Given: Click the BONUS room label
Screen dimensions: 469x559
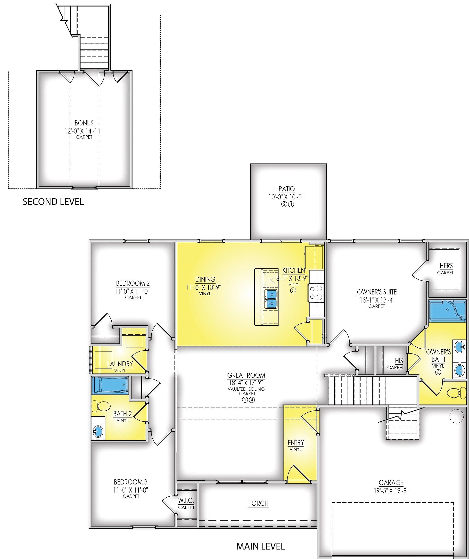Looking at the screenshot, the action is (84, 123).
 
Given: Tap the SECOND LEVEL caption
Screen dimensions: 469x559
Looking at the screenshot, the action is (53, 202).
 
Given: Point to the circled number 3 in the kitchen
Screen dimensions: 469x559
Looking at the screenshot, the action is (293, 290).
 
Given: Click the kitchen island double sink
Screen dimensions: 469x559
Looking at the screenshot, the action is (272, 298).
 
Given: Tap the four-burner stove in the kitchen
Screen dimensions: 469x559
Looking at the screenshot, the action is (316, 293).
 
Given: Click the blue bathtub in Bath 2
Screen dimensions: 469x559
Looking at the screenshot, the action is (110, 385).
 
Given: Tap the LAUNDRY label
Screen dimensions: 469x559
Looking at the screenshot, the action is (120, 364).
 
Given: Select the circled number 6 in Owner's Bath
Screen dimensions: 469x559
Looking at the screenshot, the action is (438, 372).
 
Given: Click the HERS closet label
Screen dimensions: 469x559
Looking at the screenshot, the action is (446, 266).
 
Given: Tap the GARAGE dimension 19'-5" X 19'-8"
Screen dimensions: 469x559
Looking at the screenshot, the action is (391, 491).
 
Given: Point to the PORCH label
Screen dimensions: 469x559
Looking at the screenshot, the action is (258, 503).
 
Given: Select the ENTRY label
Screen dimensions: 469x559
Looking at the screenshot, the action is (296, 443).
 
